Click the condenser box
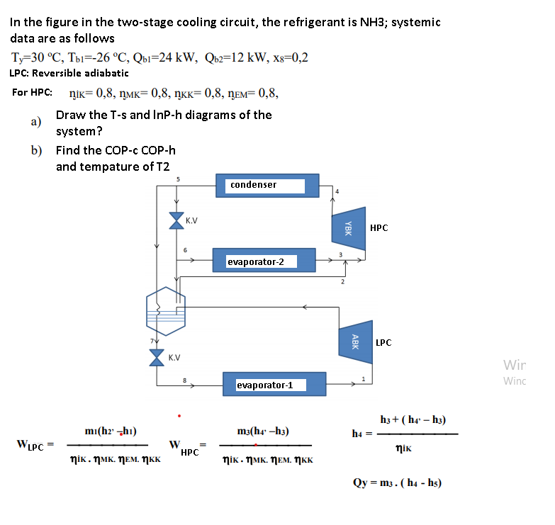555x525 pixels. (x=267, y=185)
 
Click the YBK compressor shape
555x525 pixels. (x=349, y=228)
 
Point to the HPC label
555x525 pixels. (x=379, y=228)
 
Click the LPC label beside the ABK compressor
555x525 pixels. (x=383, y=343)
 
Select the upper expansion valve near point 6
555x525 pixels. (x=176, y=221)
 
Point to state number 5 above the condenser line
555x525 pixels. (x=178, y=179)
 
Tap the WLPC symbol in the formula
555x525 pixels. (x=30, y=445)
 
